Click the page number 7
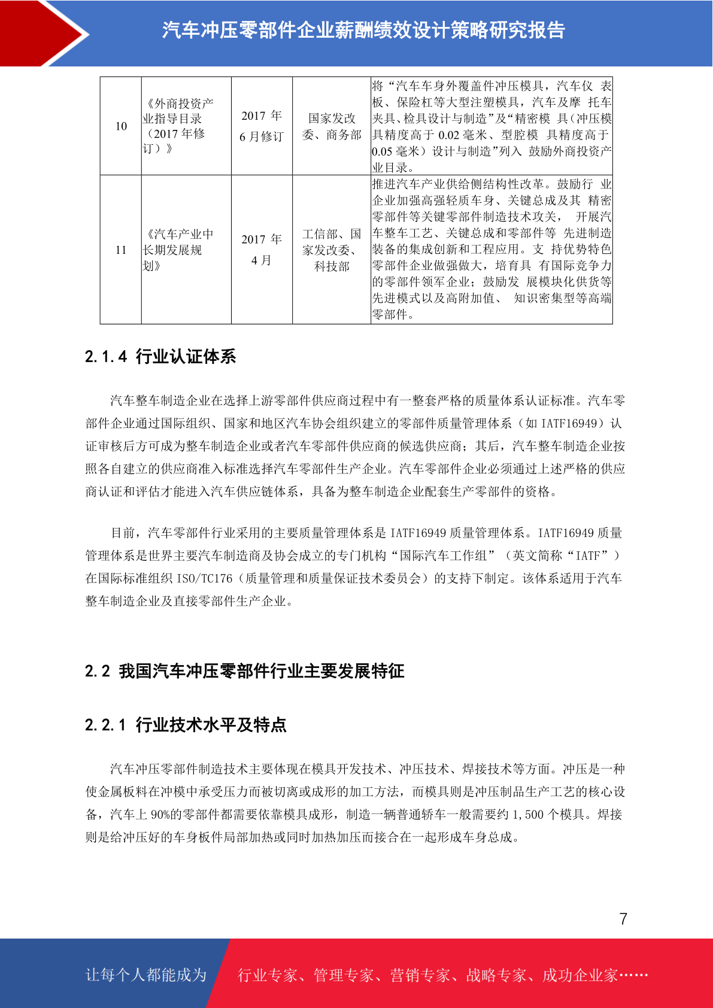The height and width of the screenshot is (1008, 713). coord(623,919)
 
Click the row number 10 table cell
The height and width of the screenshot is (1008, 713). coord(121,126)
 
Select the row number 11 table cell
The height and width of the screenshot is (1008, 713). coord(121,250)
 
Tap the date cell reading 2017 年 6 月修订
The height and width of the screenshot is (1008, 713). coord(262,126)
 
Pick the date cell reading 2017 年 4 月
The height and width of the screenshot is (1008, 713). coord(262,250)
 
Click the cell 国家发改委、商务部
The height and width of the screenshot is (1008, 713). coord(332,126)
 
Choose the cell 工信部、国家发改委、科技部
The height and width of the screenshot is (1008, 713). coord(332,250)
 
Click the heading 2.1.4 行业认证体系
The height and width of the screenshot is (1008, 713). coord(160,357)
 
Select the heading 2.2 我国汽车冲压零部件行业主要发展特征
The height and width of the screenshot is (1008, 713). coord(244,671)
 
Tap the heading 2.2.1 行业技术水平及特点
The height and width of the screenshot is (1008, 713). coord(186,725)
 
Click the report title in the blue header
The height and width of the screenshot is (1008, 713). coord(363,30)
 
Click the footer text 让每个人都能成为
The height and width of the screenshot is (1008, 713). coord(146,975)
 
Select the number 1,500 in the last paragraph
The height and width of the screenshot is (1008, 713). coord(528,815)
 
